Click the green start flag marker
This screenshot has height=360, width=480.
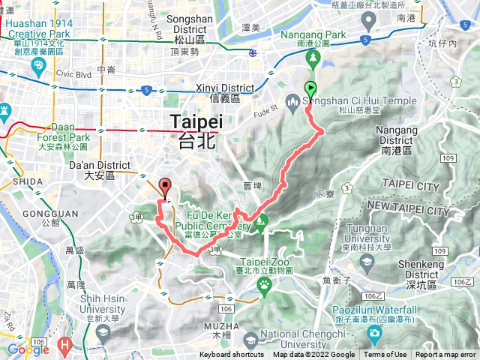(310, 89)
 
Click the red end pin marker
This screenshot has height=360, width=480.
(166, 186)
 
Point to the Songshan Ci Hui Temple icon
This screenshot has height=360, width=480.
(293, 101)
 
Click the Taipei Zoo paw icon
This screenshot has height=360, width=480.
(265, 284)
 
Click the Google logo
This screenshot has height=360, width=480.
(28, 349)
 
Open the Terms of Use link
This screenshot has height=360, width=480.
(385, 355)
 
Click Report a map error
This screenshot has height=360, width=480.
(445, 355)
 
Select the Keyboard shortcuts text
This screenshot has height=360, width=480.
(232, 355)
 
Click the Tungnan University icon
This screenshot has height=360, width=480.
(367, 262)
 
